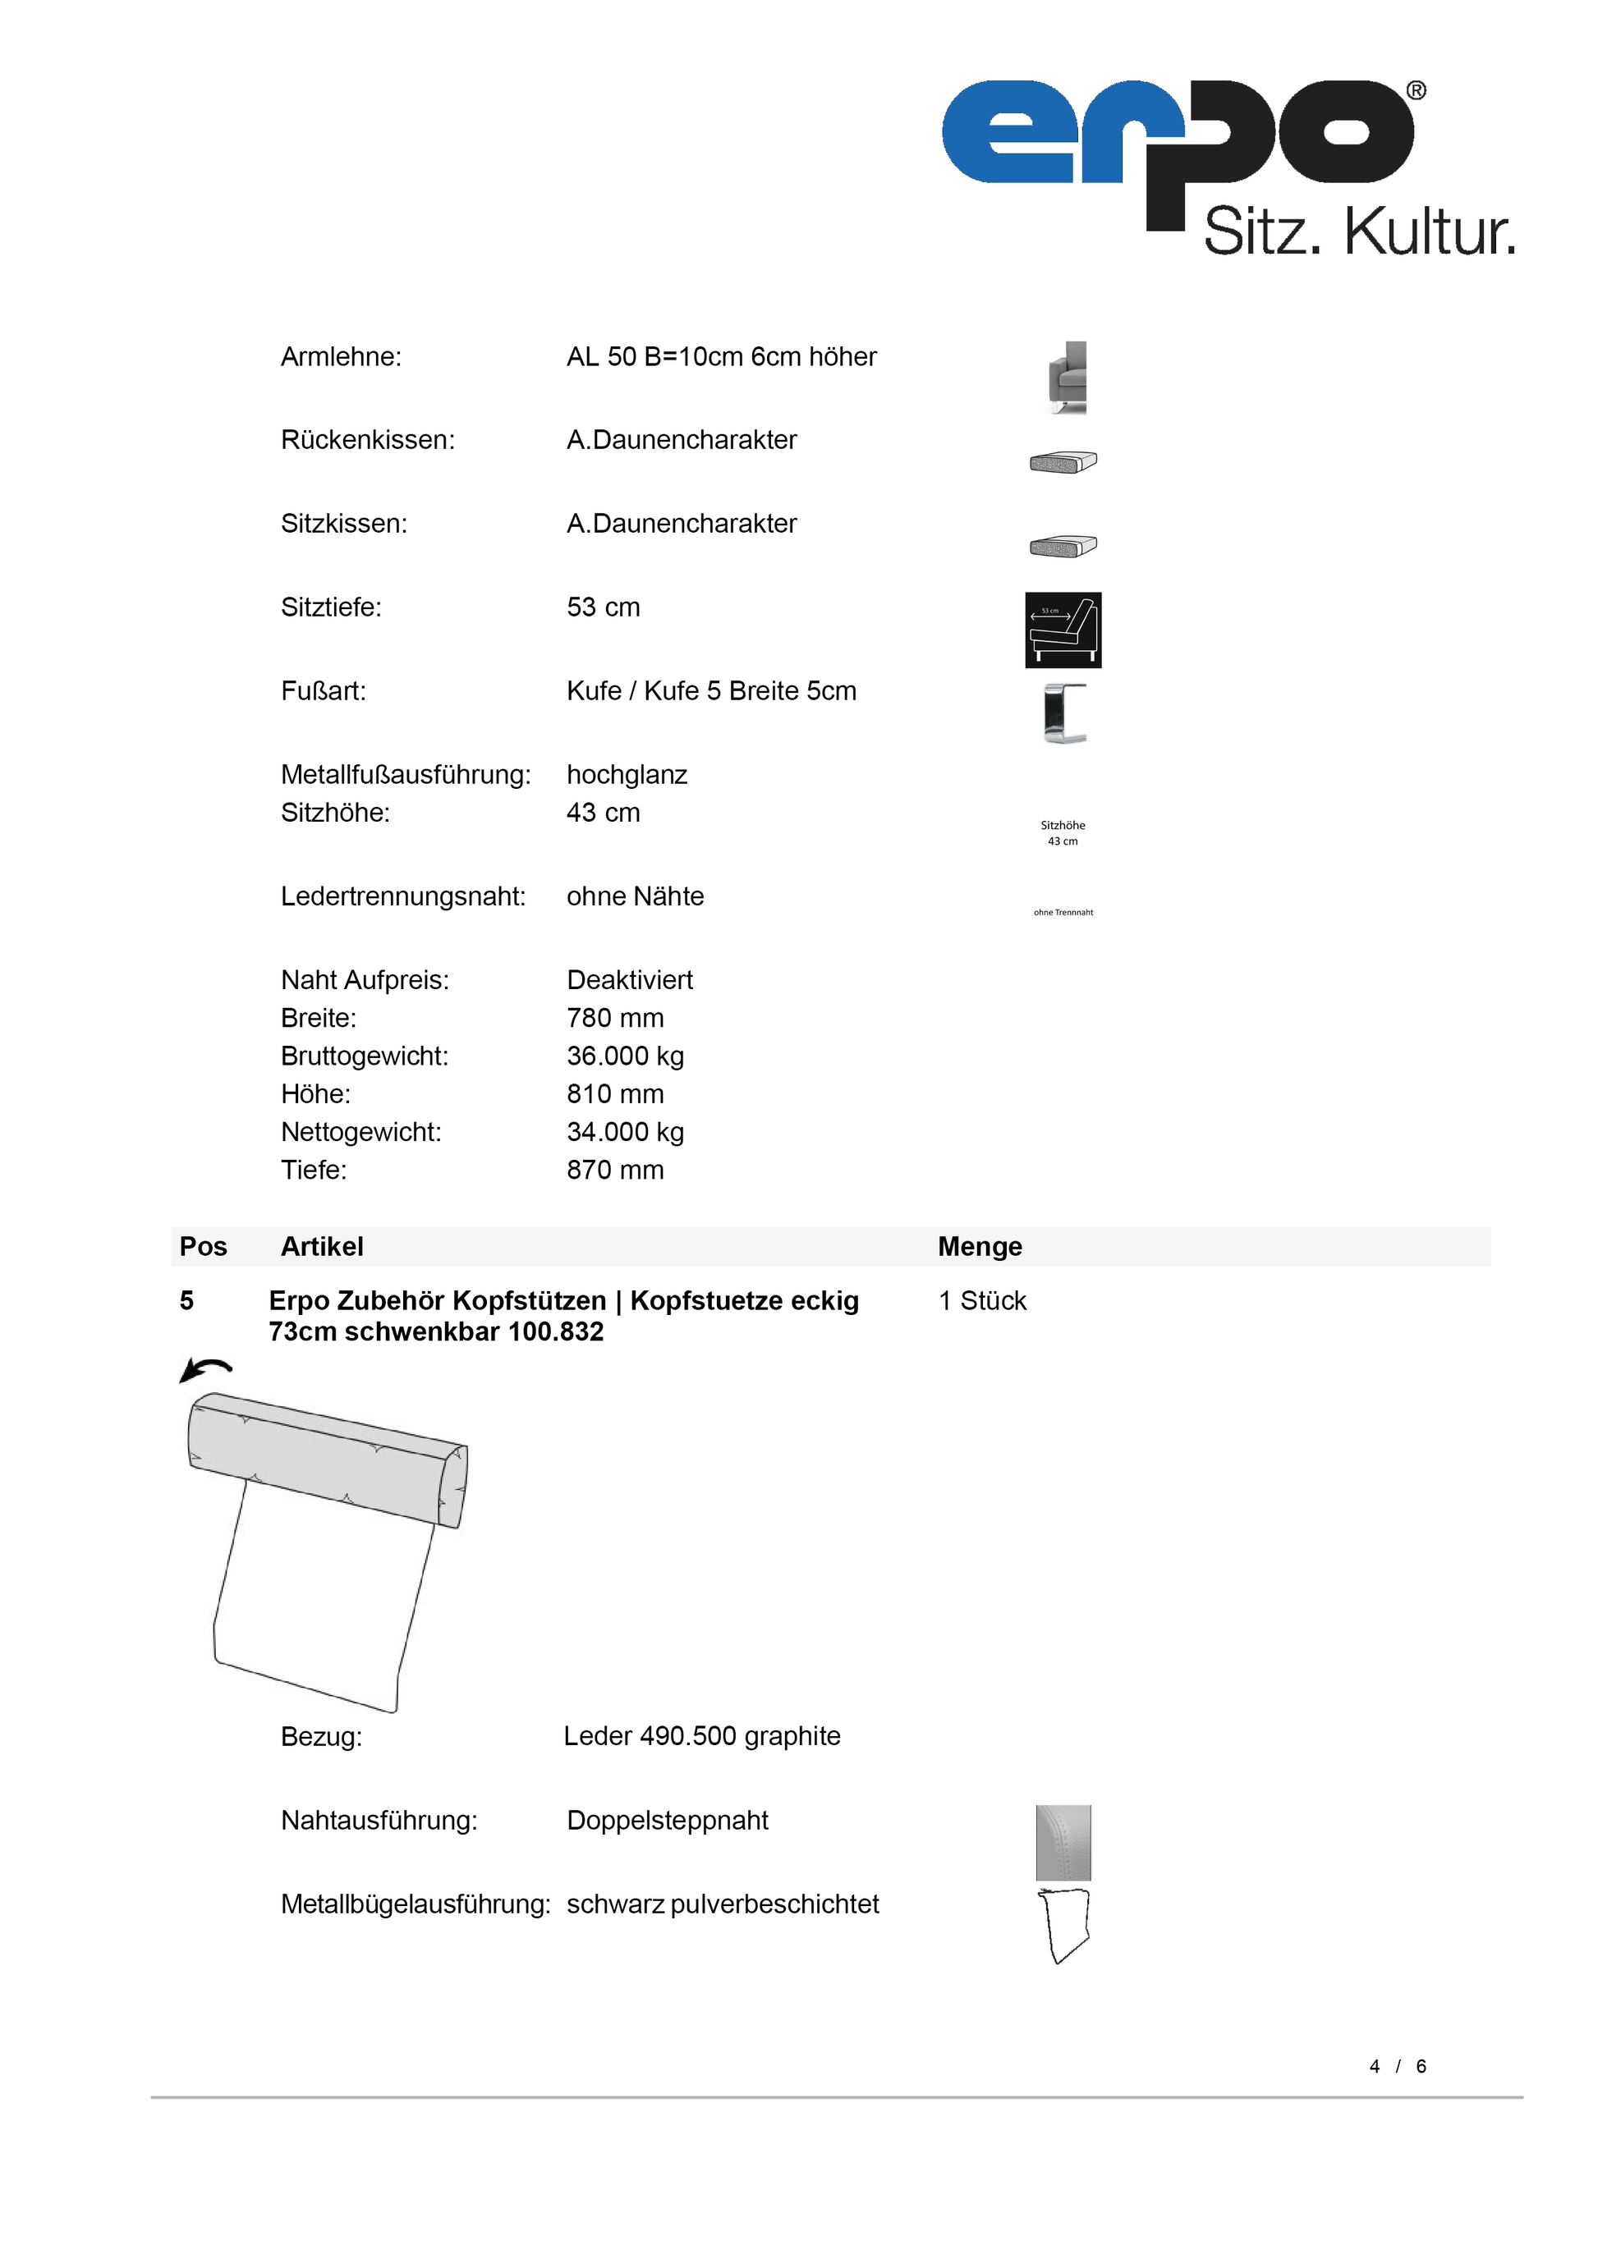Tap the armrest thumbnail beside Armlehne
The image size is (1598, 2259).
click(x=1068, y=378)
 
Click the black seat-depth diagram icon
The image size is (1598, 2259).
click(x=1063, y=630)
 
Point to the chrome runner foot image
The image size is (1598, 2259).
click(x=1065, y=713)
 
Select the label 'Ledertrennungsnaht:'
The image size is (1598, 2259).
click(x=402, y=896)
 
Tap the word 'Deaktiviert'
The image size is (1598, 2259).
click(x=630, y=980)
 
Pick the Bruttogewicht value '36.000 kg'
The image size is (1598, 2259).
click(x=625, y=1056)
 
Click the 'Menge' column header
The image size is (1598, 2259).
click(x=979, y=1247)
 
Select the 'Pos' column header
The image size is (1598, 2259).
click(x=203, y=1247)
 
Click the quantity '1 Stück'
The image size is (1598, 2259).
click(x=982, y=1301)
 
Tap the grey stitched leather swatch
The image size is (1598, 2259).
click(x=1063, y=1842)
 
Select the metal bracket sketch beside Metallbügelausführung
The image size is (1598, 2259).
click(x=1063, y=1926)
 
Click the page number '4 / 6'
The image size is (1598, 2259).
click(x=1398, y=2066)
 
